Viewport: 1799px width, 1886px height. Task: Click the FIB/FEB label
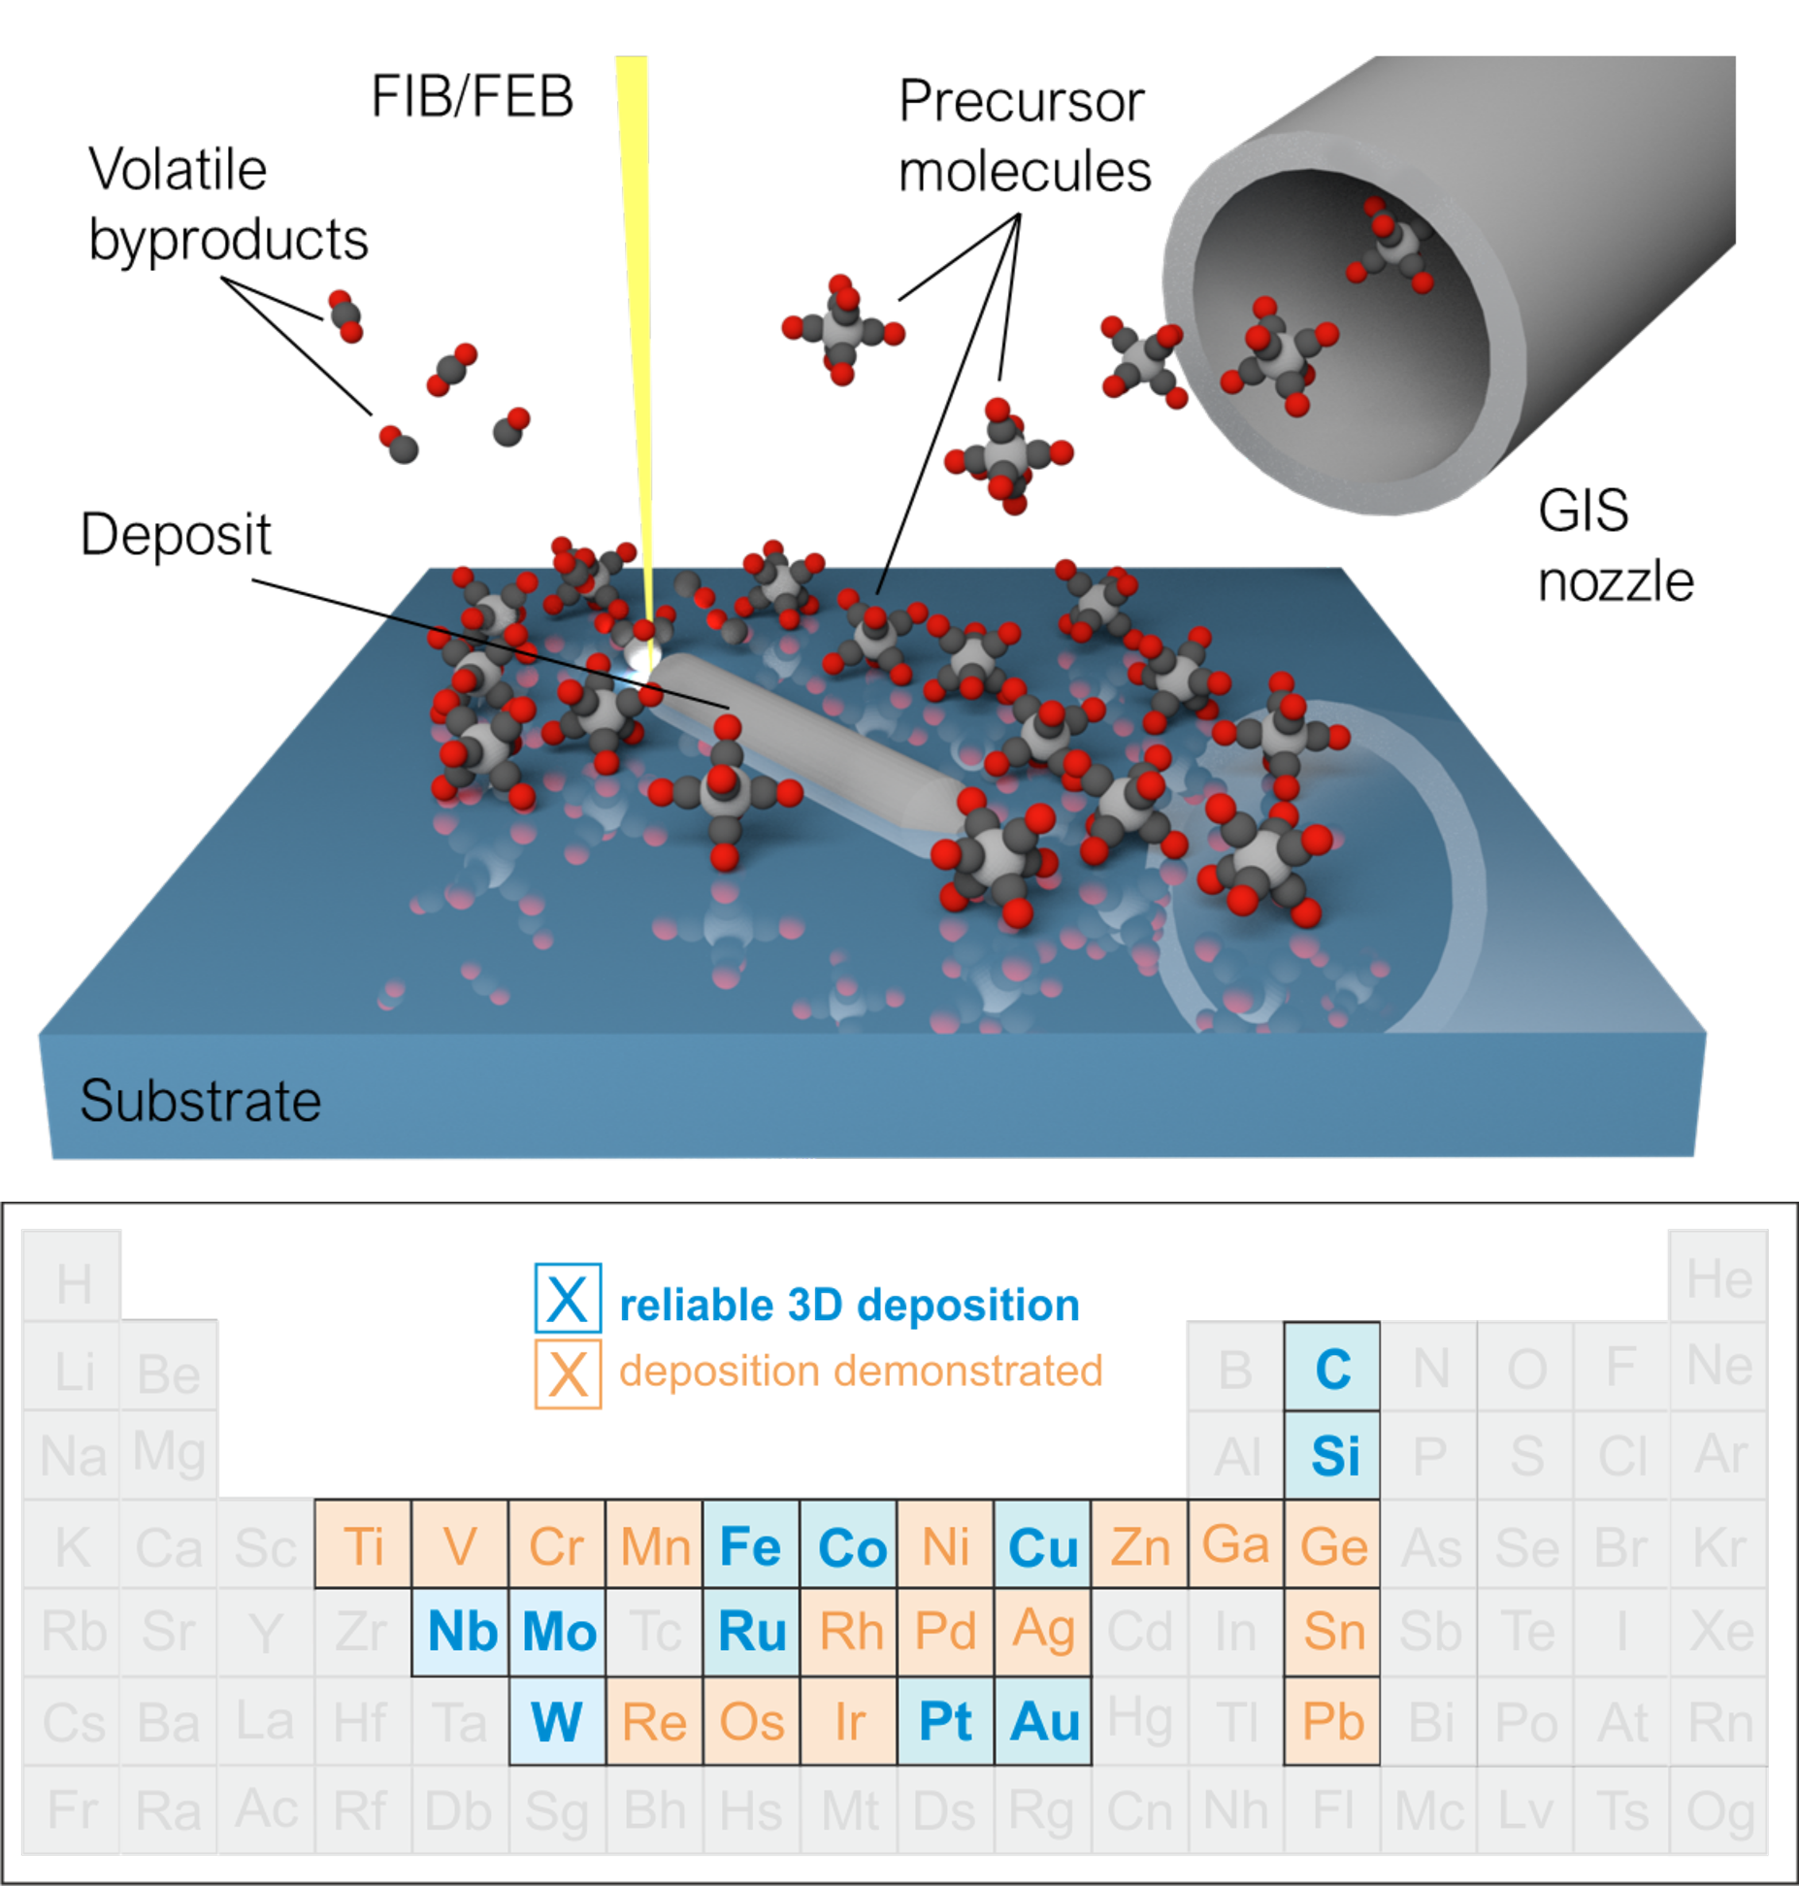coord(473,97)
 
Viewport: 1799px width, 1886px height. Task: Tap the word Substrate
coord(200,1101)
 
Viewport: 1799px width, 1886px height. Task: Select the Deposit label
coord(176,535)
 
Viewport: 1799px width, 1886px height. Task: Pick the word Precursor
coord(1021,101)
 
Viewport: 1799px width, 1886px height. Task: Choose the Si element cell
coord(1332,1455)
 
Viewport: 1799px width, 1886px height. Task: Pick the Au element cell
coord(1042,1721)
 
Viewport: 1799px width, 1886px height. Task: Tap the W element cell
coord(557,1721)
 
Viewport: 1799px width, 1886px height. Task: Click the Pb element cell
coord(1332,1721)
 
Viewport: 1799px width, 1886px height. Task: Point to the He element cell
coord(1718,1275)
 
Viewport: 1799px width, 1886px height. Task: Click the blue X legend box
coord(568,1298)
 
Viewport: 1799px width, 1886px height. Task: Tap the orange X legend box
coord(568,1373)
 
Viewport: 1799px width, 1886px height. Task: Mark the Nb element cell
coord(460,1632)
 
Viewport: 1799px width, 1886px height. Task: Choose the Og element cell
coord(1718,1809)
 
